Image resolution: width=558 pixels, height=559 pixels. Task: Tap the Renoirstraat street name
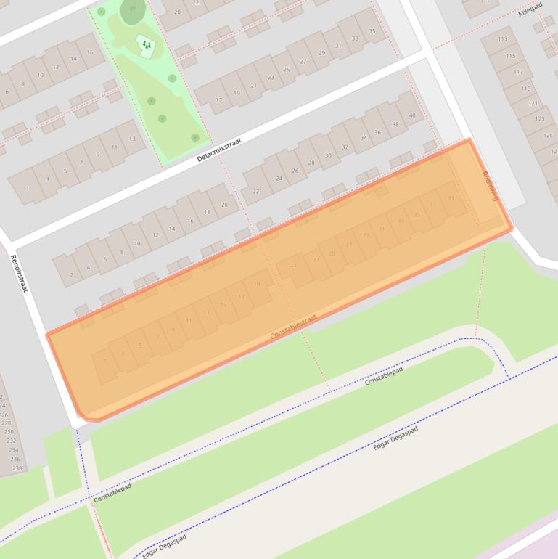pyautogui.click(x=19, y=273)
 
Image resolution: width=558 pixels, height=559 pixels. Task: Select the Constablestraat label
pyautogui.click(x=293, y=327)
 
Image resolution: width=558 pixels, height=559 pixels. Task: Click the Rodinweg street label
pyautogui.click(x=491, y=187)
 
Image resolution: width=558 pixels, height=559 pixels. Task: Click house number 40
pyautogui.click(x=412, y=115)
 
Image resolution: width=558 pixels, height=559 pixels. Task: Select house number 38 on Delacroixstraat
pyautogui.click(x=395, y=124)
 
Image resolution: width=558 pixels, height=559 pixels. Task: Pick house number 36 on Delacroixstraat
pyautogui.click(x=377, y=132)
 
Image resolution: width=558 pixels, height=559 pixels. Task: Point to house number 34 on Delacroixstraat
pyautogui.click(x=361, y=139)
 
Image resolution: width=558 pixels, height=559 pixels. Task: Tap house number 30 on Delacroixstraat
pyautogui.click(x=328, y=155)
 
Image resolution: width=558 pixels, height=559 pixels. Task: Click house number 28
pyautogui.click(x=311, y=163)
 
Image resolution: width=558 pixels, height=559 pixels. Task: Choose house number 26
pyautogui.click(x=295, y=171)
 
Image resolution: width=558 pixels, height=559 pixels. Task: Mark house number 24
pyautogui.click(x=278, y=179)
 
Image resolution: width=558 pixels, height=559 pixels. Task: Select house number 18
pyautogui.click(x=207, y=212)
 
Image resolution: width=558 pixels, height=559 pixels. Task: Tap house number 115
pyautogui.click(x=511, y=55)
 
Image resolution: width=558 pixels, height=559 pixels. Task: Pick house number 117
pyautogui.click(x=518, y=72)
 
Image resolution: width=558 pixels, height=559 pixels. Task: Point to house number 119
pyautogui.click(x=525, y=88)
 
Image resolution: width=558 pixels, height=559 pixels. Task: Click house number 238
pyautogui.click(x=17, y=468)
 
